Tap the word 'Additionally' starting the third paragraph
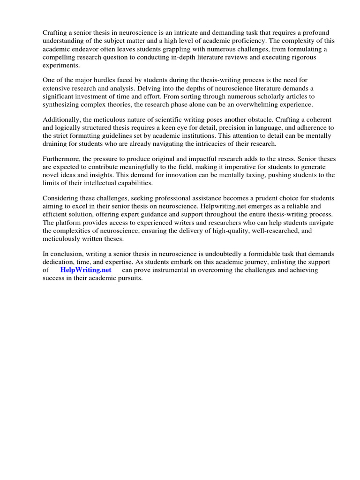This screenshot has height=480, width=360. point(61,120)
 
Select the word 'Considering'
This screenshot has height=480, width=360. point(60,199)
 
